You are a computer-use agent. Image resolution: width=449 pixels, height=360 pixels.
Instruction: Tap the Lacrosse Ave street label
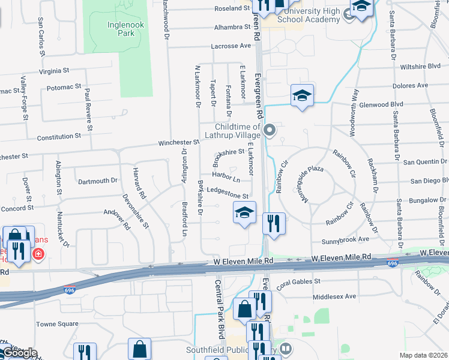(231, 46)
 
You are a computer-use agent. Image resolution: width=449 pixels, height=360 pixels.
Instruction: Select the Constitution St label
(59, 137)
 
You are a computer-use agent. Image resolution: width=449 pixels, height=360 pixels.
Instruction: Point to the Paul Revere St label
(88, 110)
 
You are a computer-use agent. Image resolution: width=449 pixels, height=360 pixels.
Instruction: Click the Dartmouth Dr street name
(98, 181)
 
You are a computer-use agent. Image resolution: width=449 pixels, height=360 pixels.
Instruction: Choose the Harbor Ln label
(226, 179)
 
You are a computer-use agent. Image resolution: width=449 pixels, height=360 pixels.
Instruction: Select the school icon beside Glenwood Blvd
(303, 95)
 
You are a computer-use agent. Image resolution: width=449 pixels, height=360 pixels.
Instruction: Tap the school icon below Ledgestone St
(244, 212)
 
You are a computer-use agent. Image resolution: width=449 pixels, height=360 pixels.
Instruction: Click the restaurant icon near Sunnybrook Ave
(274, 223)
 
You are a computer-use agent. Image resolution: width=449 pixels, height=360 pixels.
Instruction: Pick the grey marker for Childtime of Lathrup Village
(270, 130)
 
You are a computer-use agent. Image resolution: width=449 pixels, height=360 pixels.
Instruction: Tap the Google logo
(20, 353)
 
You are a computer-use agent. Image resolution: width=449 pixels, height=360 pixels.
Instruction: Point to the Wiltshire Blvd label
(421, 66)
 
